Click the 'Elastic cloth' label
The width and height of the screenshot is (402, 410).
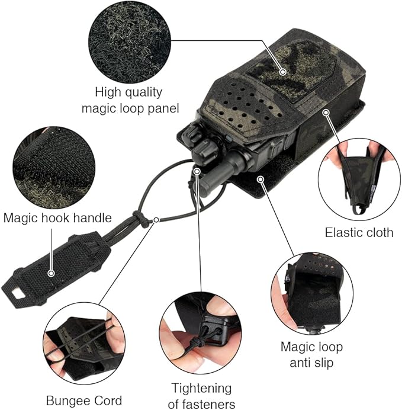[x=359, y=232]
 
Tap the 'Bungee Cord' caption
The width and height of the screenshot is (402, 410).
[x=84, y=401]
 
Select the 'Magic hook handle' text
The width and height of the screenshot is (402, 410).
[x=57, y=217]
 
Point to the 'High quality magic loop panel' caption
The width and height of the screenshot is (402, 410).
[x=130, y=100]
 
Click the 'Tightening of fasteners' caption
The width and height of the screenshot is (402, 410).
[x=201, y=396]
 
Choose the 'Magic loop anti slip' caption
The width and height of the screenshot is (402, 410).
[x=311, y=354]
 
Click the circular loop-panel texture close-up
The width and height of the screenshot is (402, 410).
[x=130, y=43]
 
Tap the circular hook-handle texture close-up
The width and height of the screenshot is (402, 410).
[x=53, y=168]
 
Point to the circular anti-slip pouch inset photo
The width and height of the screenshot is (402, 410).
[x=312, y=294]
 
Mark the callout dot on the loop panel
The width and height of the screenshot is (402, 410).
[x=282, y=71]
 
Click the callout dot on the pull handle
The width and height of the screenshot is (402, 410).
[x=52, y=274]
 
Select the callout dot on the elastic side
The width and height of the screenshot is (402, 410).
[x=326, y=113]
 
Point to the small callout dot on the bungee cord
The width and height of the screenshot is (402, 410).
[x=156, y=220]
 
